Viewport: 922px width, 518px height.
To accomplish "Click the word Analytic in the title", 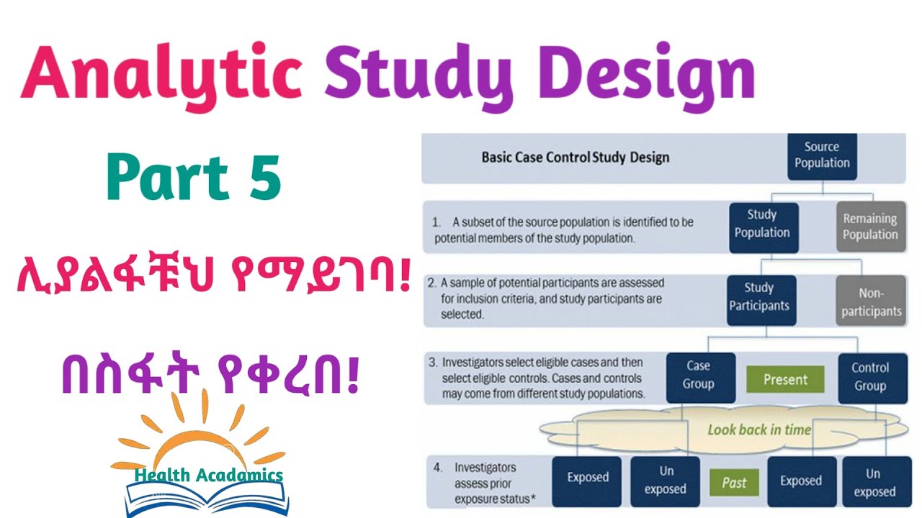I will click(x=161, y=73).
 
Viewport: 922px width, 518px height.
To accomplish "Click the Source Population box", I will click(x=822, y=155).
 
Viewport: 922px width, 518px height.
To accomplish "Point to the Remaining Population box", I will click(x=869, y=227).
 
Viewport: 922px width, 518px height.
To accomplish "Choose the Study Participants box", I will click(x=761, y=297).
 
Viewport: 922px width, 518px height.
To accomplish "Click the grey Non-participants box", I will click(x=869, y=302).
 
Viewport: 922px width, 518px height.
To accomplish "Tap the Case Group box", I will click(x=698, y=376).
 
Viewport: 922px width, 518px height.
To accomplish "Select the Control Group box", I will click(x=869, y=376).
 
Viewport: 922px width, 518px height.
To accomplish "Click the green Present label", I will click(x=785, y=379).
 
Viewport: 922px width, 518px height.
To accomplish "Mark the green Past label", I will click(x=734, y=483).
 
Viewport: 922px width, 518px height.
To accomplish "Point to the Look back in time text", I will click(x=759, y=430).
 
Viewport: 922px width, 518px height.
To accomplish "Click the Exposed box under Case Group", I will click(x=588, y=478).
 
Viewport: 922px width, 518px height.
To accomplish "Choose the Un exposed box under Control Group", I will click(x=874, y=482).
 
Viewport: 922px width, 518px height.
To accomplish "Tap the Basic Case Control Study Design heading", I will click(x=575, y=158).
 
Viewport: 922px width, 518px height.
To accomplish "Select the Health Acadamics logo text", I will click(x=208, y=476).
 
